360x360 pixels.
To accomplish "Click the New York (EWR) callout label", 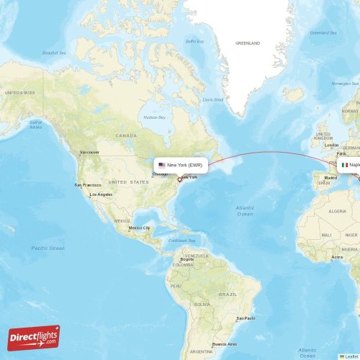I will (x=181, y=165).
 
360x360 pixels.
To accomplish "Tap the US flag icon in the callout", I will (x=162, y=165).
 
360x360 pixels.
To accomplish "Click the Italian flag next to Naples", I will (x=345, y=165).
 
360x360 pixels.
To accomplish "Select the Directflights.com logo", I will (x=34, y=337).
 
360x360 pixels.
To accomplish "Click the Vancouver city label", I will (x=89, y=153).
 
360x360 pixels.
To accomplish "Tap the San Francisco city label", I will (x=87, y=185).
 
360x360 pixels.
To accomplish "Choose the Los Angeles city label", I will (x=100, y=195).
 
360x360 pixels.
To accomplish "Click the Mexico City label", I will (x=140, y=228).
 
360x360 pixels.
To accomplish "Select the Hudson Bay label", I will (x=154, y=117).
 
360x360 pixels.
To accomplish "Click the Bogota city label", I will (x=187, y=259).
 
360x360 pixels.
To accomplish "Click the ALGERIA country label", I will (x=337, y=212).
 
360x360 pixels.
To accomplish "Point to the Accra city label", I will (x=337, y=257).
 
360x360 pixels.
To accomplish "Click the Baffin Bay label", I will (x=195, y=41).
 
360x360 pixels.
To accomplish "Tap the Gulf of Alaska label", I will (x=35, y=124).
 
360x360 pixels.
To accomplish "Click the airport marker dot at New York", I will (x=179, y=179).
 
